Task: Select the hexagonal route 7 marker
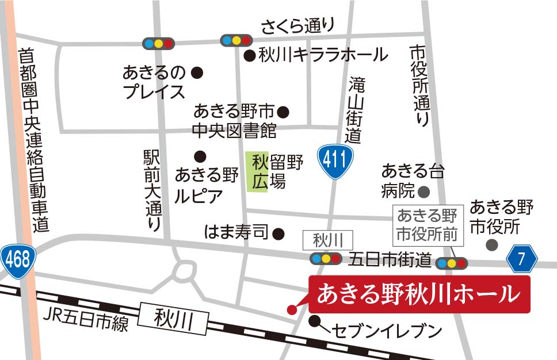coord(521,259)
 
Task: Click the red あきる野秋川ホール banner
coord(419,294)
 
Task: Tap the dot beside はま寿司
coord(278,233)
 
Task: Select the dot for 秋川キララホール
coord(249,56)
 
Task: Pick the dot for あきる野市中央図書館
coord(283,112)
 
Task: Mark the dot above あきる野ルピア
coord(200,155)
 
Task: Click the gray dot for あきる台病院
coord(425,190)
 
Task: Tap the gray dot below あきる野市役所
coord(491,245)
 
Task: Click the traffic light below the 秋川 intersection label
coord(325,259)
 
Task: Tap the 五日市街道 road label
coord(390,261)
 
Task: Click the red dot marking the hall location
coord(292,309)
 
